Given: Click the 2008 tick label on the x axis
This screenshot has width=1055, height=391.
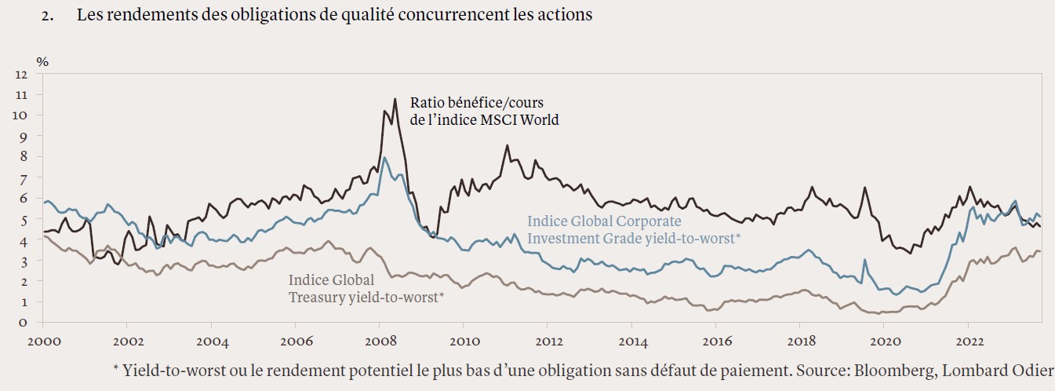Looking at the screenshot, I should (x=379, y=342).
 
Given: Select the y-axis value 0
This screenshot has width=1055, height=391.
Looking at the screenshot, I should (x=24, y=322).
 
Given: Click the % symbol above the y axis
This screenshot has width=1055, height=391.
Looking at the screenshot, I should (x=42, y=61).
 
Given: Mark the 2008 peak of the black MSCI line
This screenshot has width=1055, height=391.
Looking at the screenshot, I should (x=395, y=99).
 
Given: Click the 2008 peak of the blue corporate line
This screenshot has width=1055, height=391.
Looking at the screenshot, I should (x=384, y=158).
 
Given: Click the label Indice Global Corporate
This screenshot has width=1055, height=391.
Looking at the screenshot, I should (x=604, y=221).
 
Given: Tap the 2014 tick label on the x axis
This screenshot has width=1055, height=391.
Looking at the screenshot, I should (x=632, y=342).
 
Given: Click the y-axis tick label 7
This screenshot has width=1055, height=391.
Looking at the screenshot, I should (x=24, y=177).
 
